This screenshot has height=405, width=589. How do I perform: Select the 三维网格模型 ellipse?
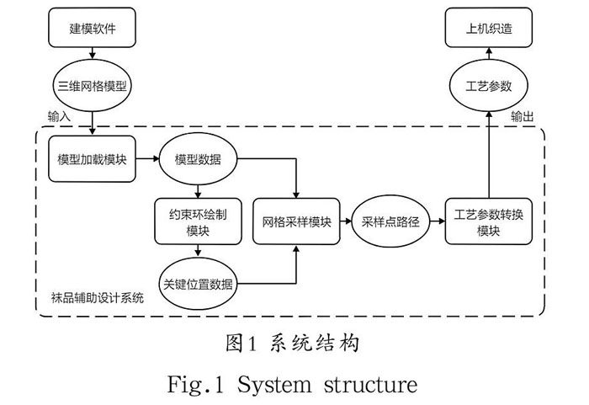point(91,86)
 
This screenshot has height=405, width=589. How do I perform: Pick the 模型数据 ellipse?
point(198,158)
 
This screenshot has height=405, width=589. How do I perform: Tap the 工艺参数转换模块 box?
point(489,221)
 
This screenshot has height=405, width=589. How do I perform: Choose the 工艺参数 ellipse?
point(489,86)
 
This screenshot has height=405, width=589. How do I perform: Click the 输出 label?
point(523,115)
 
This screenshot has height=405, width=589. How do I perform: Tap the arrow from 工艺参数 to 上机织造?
point(489,56)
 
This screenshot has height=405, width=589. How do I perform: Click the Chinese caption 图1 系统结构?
point(294,344)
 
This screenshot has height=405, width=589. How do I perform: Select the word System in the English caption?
point(272,385)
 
